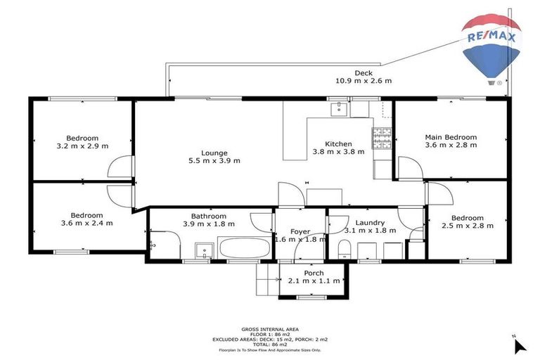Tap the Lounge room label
click(x=214, y=153)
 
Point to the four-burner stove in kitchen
click(x=382, y=139)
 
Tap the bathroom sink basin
click(x=203, y=251)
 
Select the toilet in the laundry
click(x=345, y=249)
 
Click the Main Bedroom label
click(x=451, y=137)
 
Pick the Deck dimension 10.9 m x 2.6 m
click(x=364, y=81)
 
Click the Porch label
click(x=314, y=273)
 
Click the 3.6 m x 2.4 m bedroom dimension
click(x=86, y=223)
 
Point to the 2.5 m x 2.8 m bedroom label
click(x=468, y=226)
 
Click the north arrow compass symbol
click(x=520, y=345)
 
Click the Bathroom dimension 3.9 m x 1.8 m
click(x=208, y=224)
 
